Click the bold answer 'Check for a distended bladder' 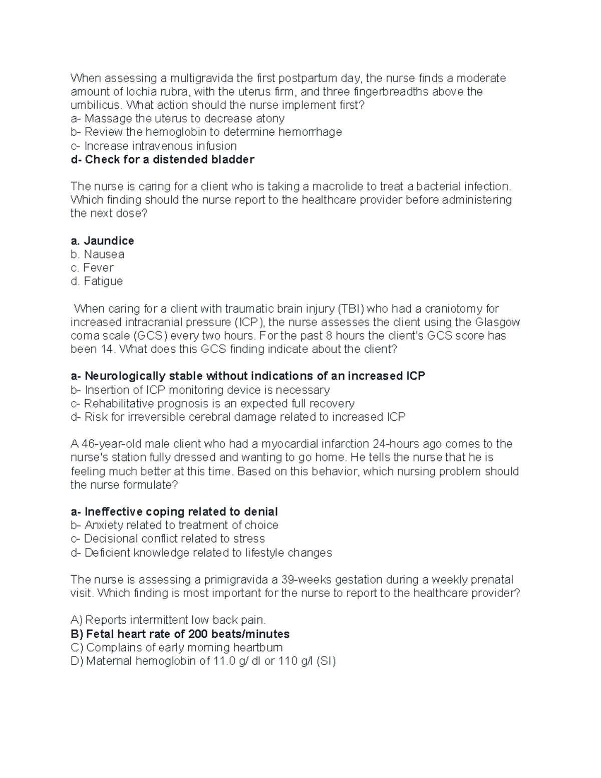(x=162, y=160)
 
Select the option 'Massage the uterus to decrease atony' (x=177, y=119)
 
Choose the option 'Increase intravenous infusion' (x=153, y=146)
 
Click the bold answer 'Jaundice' (x=102, y=241)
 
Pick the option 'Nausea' (x=98, y=254)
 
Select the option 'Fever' (x=92, y=268)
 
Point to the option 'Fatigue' (x=97, y=282)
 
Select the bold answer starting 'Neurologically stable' (x=248, y=376)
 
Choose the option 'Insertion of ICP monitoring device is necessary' (x=200, y=390)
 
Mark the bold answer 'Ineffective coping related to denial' (x=174, y=512)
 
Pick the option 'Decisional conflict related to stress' (x=168, y=539)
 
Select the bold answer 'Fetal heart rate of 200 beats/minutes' (x=180, y=634)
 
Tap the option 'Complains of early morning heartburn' (x=177, y=648)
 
